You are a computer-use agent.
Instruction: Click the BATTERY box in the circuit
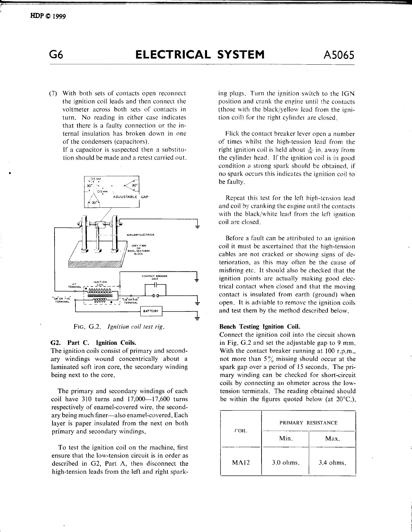pyautogui.click(x=151, y=311)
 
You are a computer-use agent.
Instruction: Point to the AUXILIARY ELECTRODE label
pyautogui.click(x=140, y=234)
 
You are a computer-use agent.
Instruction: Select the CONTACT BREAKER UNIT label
pyautogui.click(x=155, y=277)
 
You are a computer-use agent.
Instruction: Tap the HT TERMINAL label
pyautogui.click(x=74, y=286)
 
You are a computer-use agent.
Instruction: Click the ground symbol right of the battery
pyautogui.click(x=197, y=317)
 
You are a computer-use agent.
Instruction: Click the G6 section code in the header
pyautogui.click(x=56, y=55)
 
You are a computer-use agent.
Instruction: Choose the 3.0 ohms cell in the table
pyautogui.click(x=285, y=462)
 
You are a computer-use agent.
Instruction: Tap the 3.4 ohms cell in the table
pyautogui.click(x=332, y=462)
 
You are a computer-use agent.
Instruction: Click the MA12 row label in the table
pyautogui.click(x=241, y=462)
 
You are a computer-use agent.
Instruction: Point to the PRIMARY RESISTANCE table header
pyautogui.click(x=308, y=423)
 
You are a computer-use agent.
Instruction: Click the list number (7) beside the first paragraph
pyautogui.click(x=54, y=93)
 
